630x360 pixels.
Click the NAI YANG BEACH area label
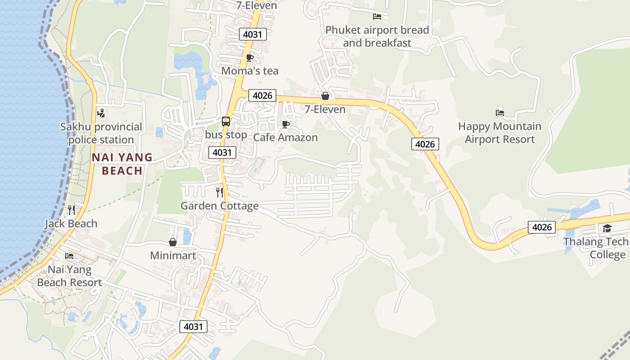122,164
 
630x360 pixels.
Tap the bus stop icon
226,121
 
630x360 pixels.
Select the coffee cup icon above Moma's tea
250,58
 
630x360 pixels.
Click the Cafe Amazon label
285,137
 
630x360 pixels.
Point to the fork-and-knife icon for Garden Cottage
220,193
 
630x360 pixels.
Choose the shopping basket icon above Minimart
173,243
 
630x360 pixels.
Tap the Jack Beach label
71,223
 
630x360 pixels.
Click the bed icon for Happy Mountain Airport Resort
499,113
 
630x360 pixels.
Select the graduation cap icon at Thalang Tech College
607,229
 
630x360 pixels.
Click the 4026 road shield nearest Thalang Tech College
542,227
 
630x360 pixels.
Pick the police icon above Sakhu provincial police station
101,113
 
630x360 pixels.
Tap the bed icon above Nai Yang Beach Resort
69,256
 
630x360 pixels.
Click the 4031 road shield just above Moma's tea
253,34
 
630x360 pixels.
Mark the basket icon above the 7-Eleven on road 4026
325,96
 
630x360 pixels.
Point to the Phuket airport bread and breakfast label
377,36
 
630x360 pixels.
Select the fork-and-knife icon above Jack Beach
71,210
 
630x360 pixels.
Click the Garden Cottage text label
220,206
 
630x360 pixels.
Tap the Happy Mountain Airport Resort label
499,133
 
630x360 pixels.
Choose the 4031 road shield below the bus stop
222,153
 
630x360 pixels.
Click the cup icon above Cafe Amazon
285,124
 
